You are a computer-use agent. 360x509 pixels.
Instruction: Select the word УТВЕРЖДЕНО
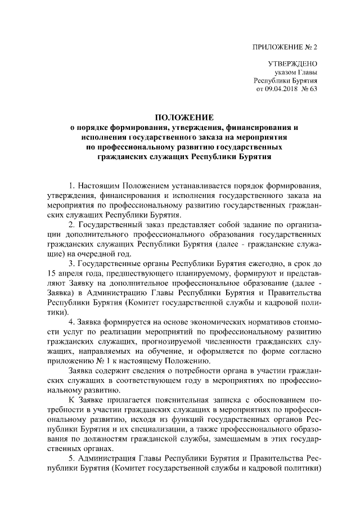293,64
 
